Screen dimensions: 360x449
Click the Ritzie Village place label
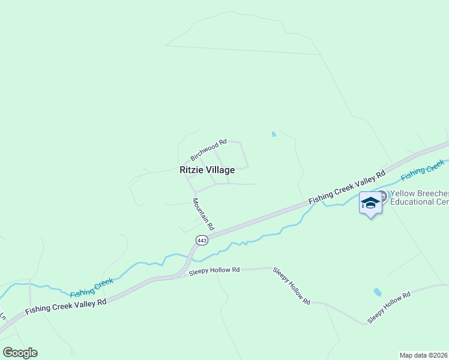coord(207,170)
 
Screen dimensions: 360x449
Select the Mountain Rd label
coord(203,214)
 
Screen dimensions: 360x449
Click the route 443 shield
coord(202,240)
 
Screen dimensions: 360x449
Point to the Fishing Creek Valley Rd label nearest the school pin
coord(346,187)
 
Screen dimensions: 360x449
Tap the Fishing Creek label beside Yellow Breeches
coord(423,170)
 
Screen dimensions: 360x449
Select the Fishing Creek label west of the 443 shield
coord(91,287)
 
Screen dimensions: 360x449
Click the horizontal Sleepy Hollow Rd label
coord(214,271)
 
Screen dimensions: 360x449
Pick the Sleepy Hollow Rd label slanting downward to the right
coord(292,285)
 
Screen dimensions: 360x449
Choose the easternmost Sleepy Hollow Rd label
coord(389,308)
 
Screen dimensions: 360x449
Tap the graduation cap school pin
coord(370,203)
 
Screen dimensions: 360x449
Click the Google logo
coord(20,353)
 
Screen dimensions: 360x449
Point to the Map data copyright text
coord(424,355)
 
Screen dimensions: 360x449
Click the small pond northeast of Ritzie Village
coord(274,134)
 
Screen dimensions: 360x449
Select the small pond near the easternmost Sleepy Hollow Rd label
coord(377,292)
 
